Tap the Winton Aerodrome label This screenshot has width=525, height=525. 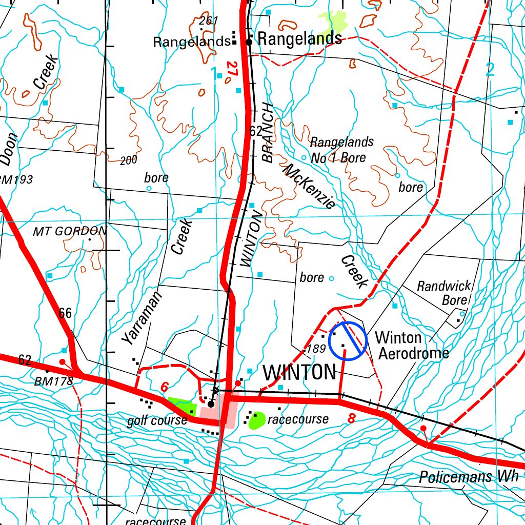(x=412, y=345)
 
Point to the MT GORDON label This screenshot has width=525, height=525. (x=70, y=231)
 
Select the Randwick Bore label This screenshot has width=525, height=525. (x=443, y=293)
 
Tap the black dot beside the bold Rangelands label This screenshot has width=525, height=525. (x=249, y=42)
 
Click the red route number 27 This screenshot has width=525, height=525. (x=232, y=70)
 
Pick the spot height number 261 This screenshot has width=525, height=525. (x=209, y=21)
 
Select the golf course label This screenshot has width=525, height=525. (x=157, y=421)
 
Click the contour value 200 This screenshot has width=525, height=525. (x=129, y=160)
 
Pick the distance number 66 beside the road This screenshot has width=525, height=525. (x=65, y=313)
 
